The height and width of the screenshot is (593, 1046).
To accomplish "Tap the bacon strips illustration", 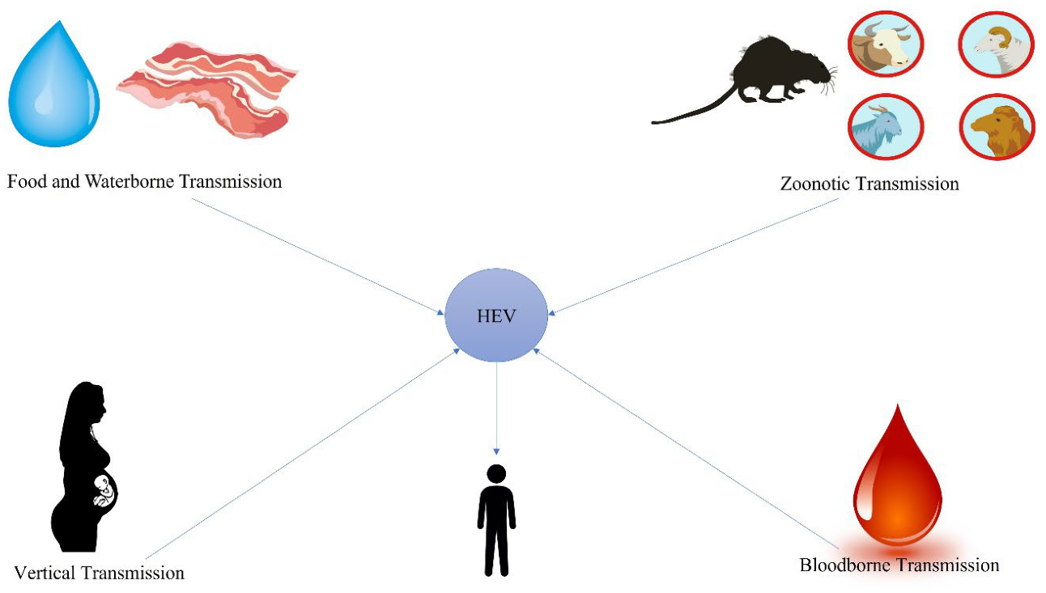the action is pyautogui.click(x=208, y=89).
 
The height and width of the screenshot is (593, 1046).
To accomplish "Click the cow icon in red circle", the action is pyautogui.click(x=886, y=44).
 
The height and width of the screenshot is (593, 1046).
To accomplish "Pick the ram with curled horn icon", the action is pyautogui.click(x=996, y=44).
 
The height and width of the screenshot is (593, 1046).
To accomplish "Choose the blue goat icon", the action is pyautogui.click(x=886, y=126).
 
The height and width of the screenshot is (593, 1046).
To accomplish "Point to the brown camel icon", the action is pyautogui.click(x=997, y=127).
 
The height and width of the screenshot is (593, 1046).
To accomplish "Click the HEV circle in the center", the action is pyautogui.click(x=496, y=315).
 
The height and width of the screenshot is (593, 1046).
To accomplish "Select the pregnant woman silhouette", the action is pyautogui.click(x=84, y=467).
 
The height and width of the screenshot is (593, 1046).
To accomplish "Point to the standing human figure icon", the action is pyautogui.click(x=496, y=520).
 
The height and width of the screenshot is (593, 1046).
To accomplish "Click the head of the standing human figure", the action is pyautogui.click(x=496, y=473).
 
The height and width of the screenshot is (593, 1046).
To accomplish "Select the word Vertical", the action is pyautogui.click(x=45, y=573).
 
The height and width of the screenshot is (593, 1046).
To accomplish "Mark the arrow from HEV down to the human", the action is pyautogui.click(x=496, y=409).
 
